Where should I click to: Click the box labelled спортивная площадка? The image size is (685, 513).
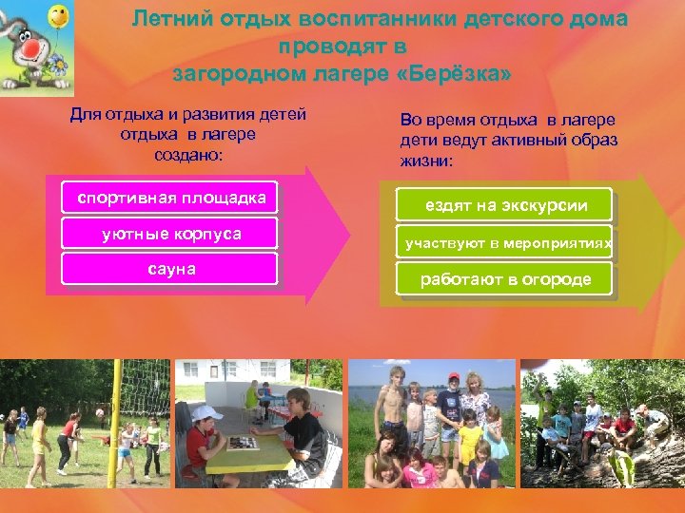pyautogui.click(x=169, y=198)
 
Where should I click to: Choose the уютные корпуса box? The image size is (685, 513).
pyautogui.click(x=169, y=234)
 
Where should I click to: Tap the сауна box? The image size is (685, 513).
pyautogui.click(x=169, y=269)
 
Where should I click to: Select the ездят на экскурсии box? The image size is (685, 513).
pyautogui.click(x=504, y=205)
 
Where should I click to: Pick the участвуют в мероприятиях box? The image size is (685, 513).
pyautogui.click(x=504, y=243)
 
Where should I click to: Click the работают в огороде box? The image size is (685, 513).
pyautogui.click(x=504, y=279)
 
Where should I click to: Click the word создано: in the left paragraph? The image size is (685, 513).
pyautogui.click(x=187, y=153)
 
